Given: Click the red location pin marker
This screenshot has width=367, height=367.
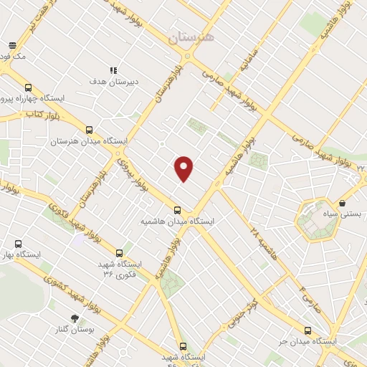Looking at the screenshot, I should click(x=184, y=168).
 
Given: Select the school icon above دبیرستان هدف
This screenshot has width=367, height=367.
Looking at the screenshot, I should click(x=113, y=70).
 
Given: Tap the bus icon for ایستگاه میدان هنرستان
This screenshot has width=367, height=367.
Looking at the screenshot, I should click(x=89, y=130).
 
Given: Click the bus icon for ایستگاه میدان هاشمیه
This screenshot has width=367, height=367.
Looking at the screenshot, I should click(x=177, y=211).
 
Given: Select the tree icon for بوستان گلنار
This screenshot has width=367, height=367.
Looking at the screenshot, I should click(x=74, y=318).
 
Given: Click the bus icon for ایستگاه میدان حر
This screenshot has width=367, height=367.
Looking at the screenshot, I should click(x=308, y=331).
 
